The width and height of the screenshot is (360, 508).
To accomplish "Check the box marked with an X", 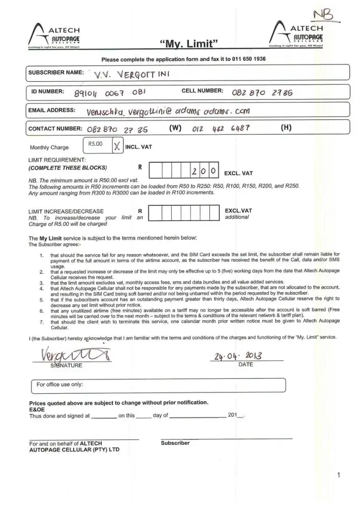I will tap(116, 146).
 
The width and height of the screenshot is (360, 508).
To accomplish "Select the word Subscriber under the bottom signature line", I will tap(175, 443).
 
